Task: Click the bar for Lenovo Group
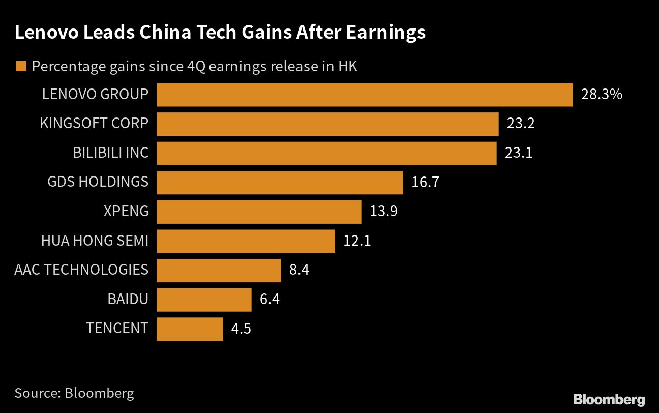click(x=365, y=95)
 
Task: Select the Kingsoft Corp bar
click(x=327, y=124)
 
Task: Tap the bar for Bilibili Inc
click(x=326, y=153)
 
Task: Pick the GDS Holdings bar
click(x=280, y=182)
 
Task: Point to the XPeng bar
click(x=259, y=212)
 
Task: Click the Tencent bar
click(x=190, y=329)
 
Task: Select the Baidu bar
click(x=204, y=299)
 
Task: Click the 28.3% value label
click(x=602, y=95)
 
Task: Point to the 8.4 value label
click(x=299, y=270)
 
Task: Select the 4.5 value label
click(x=241, y=329)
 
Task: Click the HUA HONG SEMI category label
click(x=95, y=240)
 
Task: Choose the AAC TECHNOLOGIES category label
click(x=81, y=270)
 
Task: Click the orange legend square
click(x=21, y=67)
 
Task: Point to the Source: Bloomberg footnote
click(x=74, y=393)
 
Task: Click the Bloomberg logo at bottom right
click(x=609, y=399)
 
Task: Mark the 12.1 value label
click(x=357, y=240)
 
